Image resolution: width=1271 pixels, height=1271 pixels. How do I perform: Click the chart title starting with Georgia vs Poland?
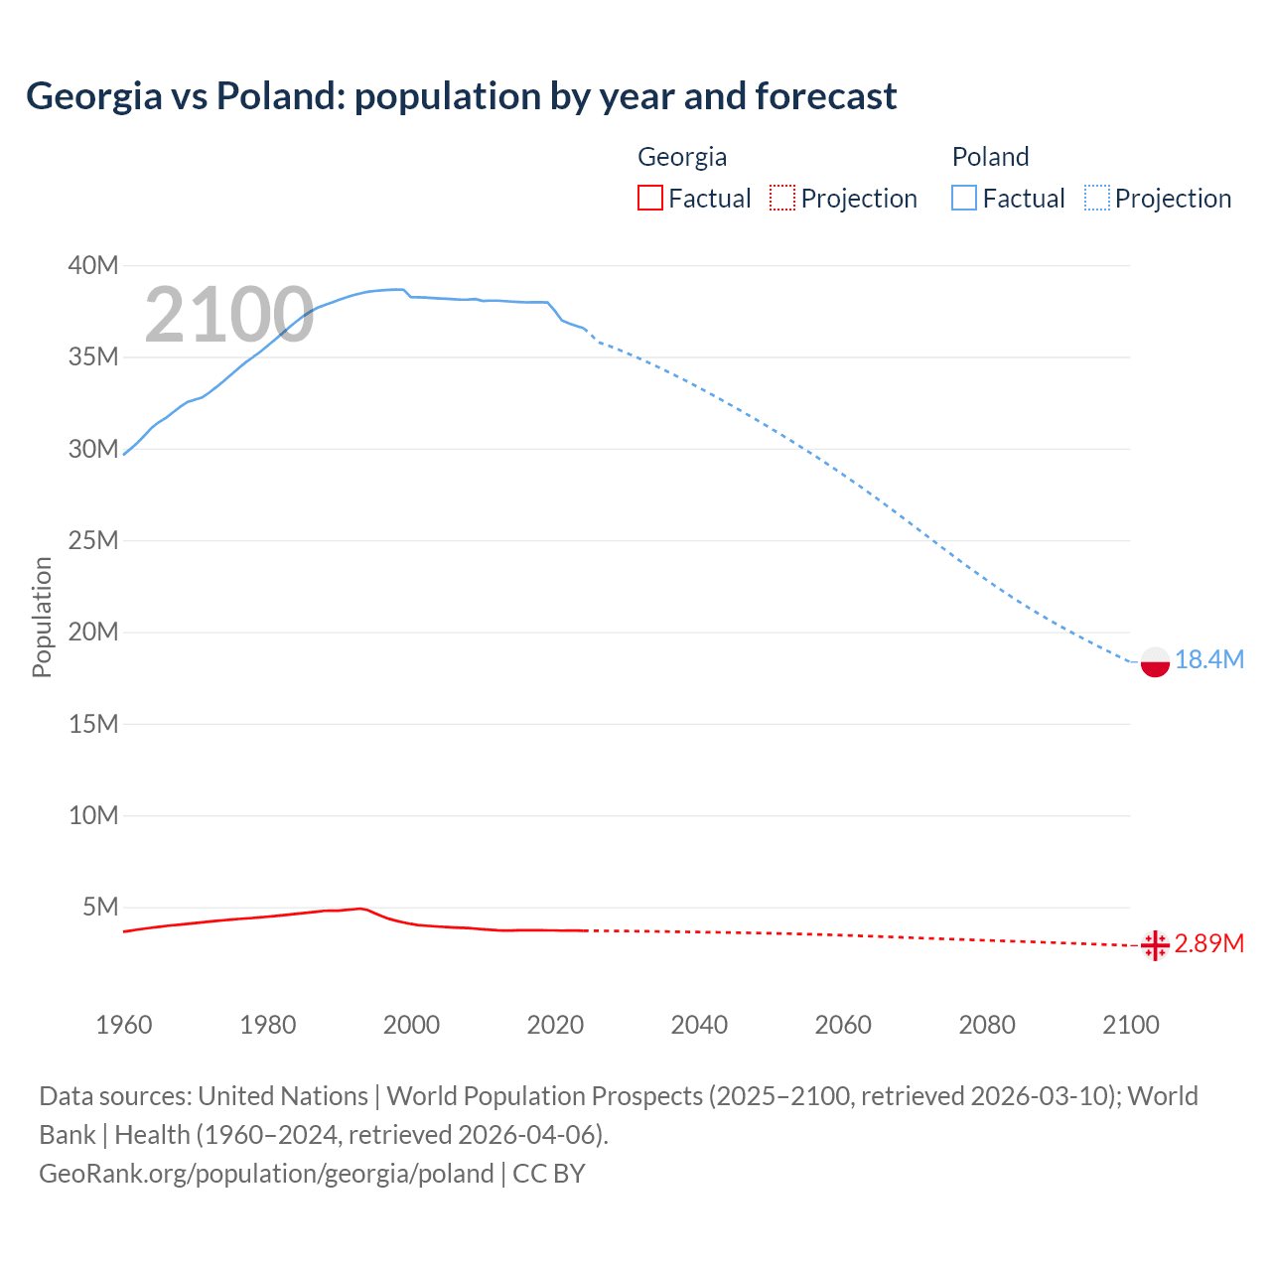pos(461,96)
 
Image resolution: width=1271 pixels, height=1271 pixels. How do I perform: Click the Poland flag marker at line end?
pos(1155,661)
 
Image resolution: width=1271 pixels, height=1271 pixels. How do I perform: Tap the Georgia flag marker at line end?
pos(1155,945)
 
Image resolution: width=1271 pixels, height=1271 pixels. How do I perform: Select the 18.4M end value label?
pos(1208,659)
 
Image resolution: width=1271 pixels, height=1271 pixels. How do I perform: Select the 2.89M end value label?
pos(1208,943)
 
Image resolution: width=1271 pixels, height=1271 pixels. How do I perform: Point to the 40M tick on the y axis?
pos(93,265)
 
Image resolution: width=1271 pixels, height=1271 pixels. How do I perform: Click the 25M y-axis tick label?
pos(93,540)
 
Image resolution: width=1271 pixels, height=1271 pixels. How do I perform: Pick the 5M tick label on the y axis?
pos(100,907)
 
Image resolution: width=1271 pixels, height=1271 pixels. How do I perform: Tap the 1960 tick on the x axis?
pos(124,1025)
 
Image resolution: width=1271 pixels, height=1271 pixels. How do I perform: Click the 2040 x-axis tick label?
pos(699,1025)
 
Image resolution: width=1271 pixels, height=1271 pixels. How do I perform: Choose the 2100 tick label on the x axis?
pos(1130,1025)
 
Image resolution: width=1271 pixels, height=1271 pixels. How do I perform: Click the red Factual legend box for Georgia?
pos(649,198)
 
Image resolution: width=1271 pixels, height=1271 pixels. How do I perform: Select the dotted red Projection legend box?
pos(782,198)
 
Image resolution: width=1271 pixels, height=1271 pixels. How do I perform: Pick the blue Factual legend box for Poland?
pos(963,198)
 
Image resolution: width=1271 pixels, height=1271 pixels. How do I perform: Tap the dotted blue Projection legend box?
pos(1096,198)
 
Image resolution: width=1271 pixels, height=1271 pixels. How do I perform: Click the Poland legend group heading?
pos(990,157)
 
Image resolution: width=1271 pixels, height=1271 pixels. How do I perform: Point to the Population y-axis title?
pos(42,617)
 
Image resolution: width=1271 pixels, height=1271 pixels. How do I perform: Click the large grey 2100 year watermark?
pos(229,316)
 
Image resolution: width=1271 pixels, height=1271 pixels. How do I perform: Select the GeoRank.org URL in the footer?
pos(266,1174)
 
